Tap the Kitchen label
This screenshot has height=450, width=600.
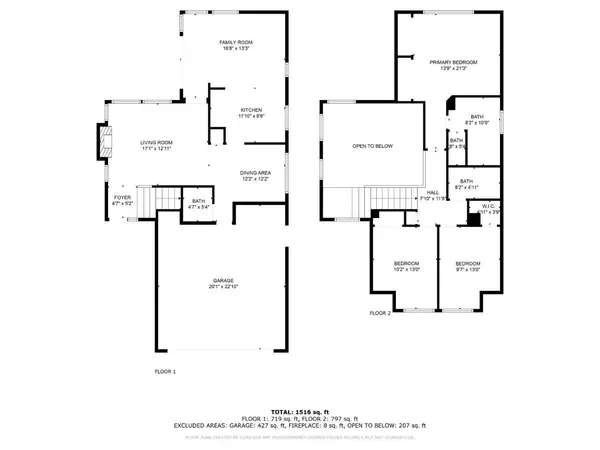tap(251, 112)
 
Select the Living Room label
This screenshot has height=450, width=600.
tap(156, 145)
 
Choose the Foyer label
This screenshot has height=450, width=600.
tap(121, 200)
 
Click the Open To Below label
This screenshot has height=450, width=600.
tap(372, 147)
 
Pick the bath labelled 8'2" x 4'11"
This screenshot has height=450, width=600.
tap(466, 183)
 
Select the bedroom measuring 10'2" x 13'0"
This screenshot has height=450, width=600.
tap(393, 266)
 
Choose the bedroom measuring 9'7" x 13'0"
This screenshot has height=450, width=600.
tap(469, 266)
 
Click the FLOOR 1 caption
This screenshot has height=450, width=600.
tap(165, 371)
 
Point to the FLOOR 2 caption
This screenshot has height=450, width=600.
tap(379, 313)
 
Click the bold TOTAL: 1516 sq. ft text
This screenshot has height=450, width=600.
tap(299, 411)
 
